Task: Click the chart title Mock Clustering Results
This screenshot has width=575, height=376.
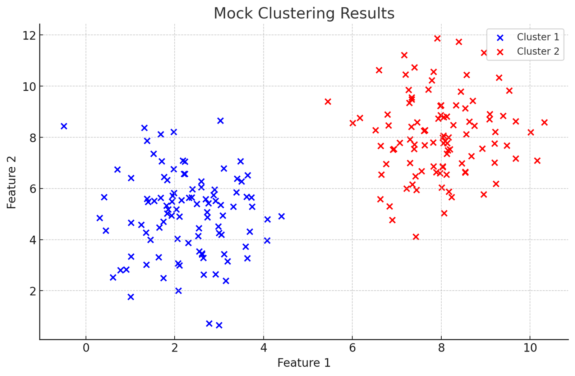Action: click(x=304, y=14)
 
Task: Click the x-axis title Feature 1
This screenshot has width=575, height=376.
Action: click(x=304, y=363)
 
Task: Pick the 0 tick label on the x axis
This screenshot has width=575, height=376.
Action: click(x=86, y=348)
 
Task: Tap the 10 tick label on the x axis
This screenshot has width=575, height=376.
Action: click(x=530, y=348)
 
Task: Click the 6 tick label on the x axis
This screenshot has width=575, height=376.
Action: click(x=352, y=348)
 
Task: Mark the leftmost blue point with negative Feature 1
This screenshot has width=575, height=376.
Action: click(x=64, y=126)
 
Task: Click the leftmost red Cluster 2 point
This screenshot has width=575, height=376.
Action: click(x=328, y=102)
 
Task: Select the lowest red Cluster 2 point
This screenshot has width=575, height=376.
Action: click(x=416, y=237)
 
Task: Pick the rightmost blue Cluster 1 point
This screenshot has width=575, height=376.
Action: click(x=281, y=216)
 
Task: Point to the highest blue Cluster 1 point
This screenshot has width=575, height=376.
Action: click(x=221, y=121)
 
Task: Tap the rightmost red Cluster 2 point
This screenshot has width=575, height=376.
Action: click(x=544, y=122)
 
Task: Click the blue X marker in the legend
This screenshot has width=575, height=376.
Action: click(x=500, y=37)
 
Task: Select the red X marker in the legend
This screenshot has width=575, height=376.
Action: click(x=500, y=52)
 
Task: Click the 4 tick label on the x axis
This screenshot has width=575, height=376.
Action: click(x=263, y=348)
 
